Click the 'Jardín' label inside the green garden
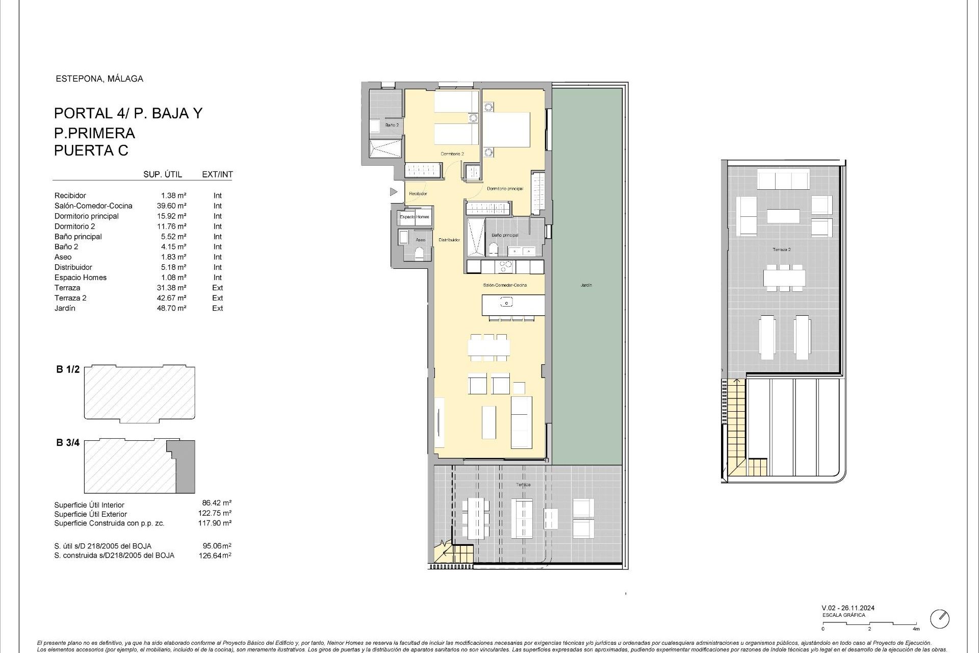pyautogui.click(x=586, y=285)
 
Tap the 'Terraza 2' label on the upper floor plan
pyautogui.click(x=781, y=249)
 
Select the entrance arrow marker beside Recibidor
pyautogui.click(x=393, y=192)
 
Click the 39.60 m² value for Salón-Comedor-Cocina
pyautogui.click(x=171, y=206)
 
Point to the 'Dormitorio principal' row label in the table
pyautogui.click(x=86, y=216)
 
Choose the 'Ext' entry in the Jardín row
pyautogui.click(x=217, y=308)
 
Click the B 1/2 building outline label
pyautogui.click(x=68, y=369)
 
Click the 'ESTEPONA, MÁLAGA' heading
pyautogui.click(x=99, y=79)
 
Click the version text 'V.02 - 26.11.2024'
pyautogui.click(x=848, y=608)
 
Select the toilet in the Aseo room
pyautogui.click(x=419, y=254)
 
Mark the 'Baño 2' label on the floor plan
pyautogui.click(x=392, y=125)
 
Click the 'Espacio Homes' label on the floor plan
pyautogui.click(x=414, y=217)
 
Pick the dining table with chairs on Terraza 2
pyautogui.click(x=784, y=279)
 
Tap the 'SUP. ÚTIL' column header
pyautogui.click(x=162, y=174)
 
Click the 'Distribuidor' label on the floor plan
pyautogui.click(x=449, y=240)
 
